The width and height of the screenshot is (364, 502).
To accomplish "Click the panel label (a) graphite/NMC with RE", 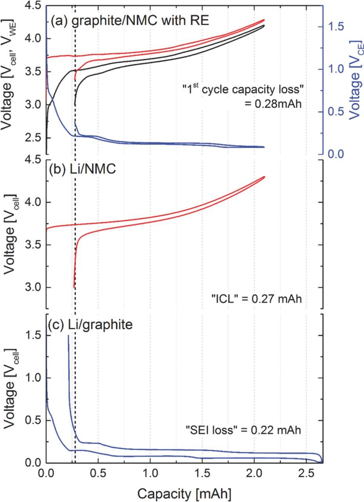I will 130,20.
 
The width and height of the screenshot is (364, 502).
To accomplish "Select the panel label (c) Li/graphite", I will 91,325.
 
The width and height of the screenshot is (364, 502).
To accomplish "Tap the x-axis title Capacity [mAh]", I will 184,491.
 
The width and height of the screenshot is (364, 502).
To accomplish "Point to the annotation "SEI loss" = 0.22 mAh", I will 243,430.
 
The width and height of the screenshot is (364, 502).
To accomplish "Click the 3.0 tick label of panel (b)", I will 33,287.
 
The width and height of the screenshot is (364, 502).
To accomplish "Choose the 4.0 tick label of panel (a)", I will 33,38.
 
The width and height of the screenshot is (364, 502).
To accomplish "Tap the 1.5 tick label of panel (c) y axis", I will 33,335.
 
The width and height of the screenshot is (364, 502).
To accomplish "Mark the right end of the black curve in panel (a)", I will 264,25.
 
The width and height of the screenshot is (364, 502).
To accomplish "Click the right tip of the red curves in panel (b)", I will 265,176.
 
